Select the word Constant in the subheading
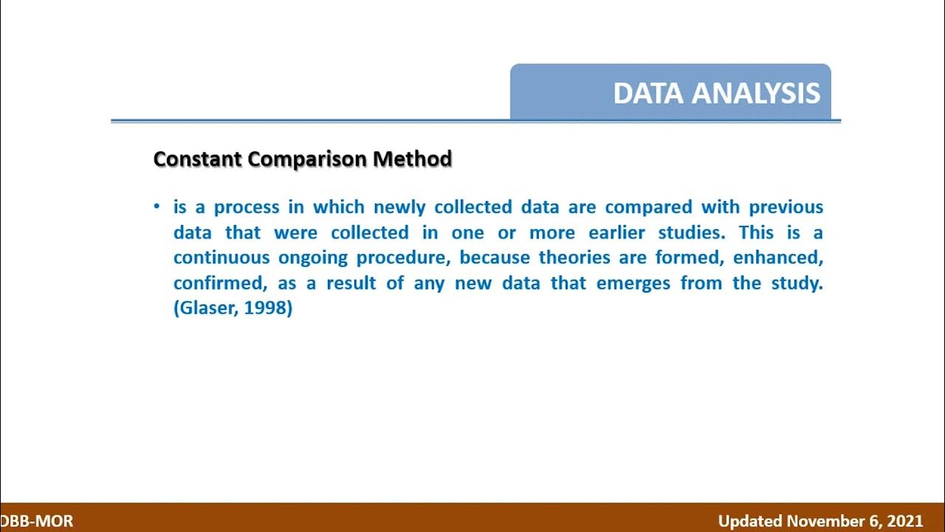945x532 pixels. coord(198,159)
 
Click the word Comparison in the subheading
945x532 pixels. coord(307,159)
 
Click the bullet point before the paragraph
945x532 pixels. coord(157,207)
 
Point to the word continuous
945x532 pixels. coord(221,258)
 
